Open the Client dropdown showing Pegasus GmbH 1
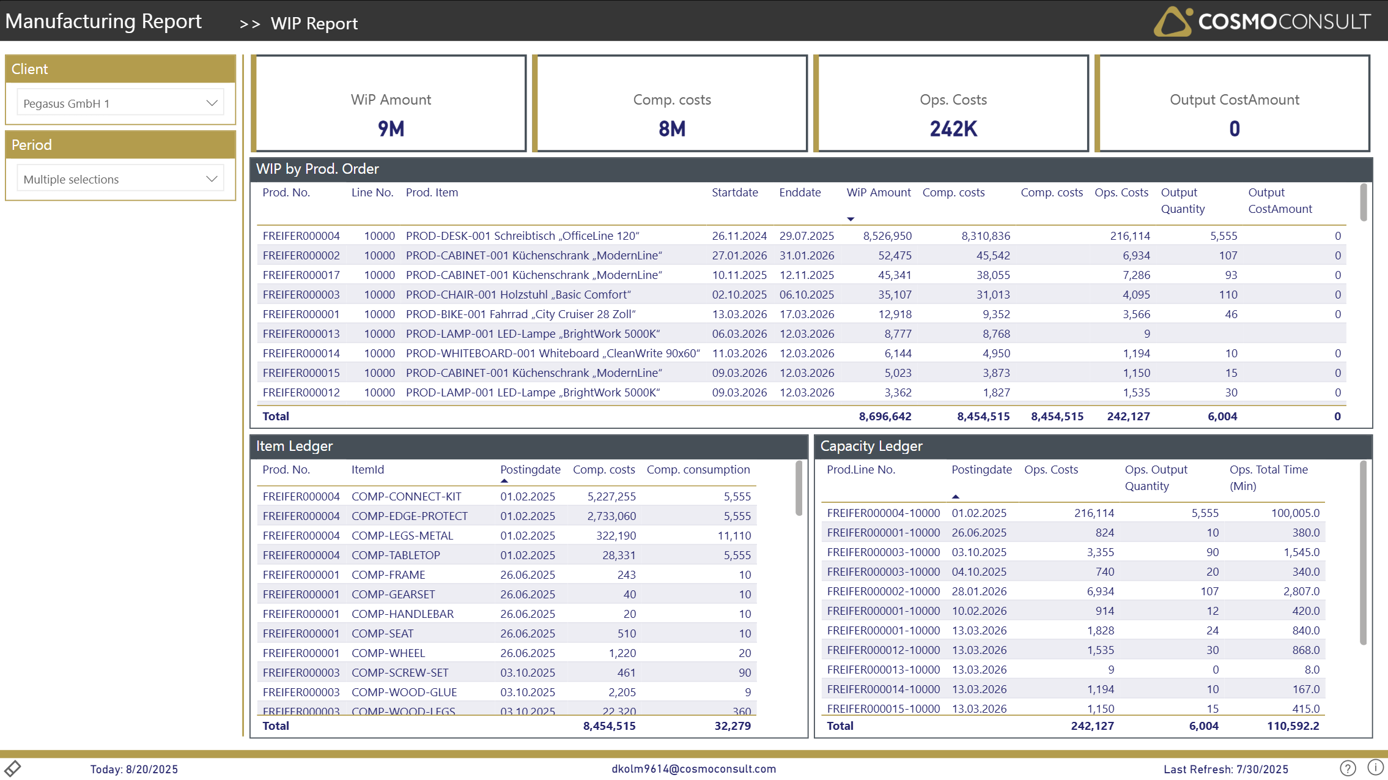120,103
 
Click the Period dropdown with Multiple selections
120,179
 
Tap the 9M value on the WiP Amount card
391,129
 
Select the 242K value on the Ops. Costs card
953,129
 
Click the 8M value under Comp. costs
671,129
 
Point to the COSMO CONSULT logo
1262,21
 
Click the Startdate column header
734,193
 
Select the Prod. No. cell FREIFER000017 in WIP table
301,275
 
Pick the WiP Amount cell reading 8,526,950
887,236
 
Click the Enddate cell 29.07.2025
806,236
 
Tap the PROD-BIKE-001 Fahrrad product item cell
520,314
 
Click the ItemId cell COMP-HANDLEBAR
402,614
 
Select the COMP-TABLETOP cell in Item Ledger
396,555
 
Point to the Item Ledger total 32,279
732,726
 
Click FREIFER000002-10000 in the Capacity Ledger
883,592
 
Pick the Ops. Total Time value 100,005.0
1294,513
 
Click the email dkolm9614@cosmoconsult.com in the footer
693,769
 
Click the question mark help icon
1348,768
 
